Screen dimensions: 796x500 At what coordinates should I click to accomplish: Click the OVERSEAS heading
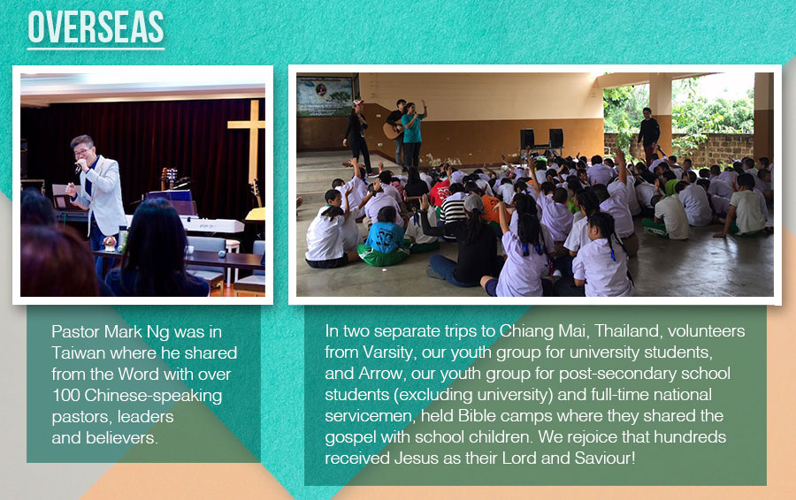pos(96,27)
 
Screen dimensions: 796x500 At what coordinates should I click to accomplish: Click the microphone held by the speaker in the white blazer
pos(79,165)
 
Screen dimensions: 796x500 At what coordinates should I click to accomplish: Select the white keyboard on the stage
pos(213,225)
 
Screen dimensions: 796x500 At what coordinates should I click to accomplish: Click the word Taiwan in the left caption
pos(78,353)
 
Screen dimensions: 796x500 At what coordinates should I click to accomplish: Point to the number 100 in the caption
pos(65,396)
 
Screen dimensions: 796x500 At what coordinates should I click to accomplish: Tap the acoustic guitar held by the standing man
pos(393,131)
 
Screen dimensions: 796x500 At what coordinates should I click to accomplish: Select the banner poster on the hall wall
pos(325,96)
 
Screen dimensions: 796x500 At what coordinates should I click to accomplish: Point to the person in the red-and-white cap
pos(357,133)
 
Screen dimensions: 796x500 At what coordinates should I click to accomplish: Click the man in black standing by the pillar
pos(648,133)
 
